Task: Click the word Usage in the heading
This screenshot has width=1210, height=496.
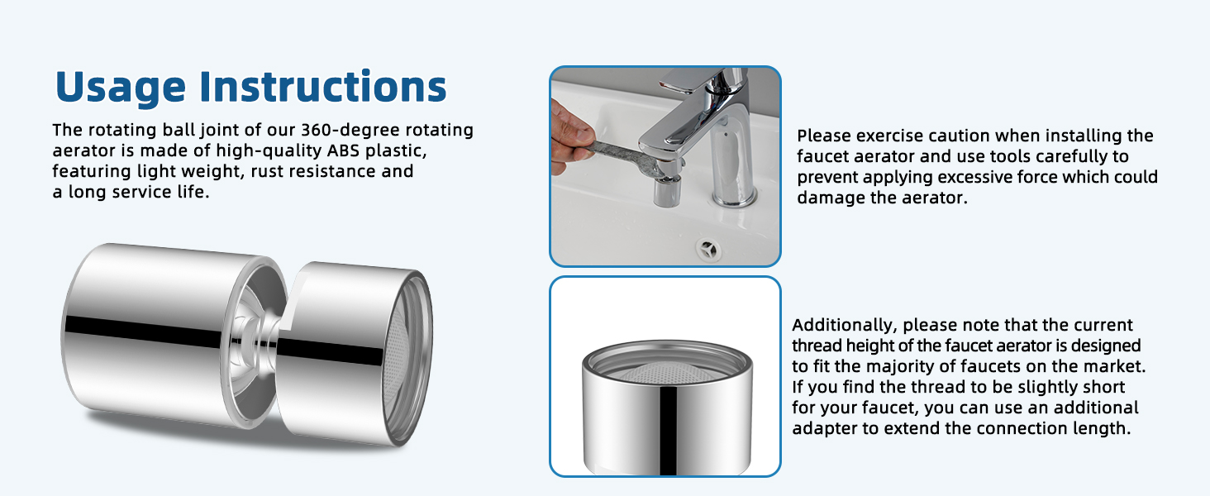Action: pyautogui.click(x=121, y=88)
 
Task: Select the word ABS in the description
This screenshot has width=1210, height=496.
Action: pyautogui.click(x=343, y=150)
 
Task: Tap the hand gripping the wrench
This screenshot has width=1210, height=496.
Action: pyautogui.click(x=570, y=138)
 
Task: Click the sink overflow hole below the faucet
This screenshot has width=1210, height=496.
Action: pyautogui.click(x=708, y=250)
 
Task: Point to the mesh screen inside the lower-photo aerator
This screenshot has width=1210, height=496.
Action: pyautogui.click(x=668, y=372)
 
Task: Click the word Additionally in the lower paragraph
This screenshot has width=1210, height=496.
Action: pyautogui.click(x=845, y=326)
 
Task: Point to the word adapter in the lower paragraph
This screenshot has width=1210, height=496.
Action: pyautogui.click(x=824, y=429)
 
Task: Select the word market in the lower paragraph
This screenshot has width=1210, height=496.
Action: pyautogui.click(x=1114, y=366)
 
